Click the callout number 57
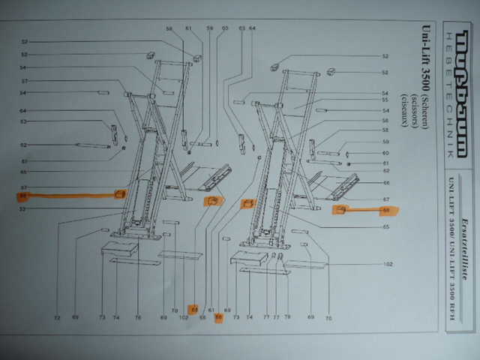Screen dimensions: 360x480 tap(25, 81)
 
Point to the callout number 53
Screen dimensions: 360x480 tap(23, 208)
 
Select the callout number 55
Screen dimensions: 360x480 tap(385, 100)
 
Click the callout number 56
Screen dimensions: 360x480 tap(385, 120)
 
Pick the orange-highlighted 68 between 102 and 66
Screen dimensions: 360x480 tap(193, 309)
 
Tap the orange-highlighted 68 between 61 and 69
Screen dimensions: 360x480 tap(218, 317)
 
